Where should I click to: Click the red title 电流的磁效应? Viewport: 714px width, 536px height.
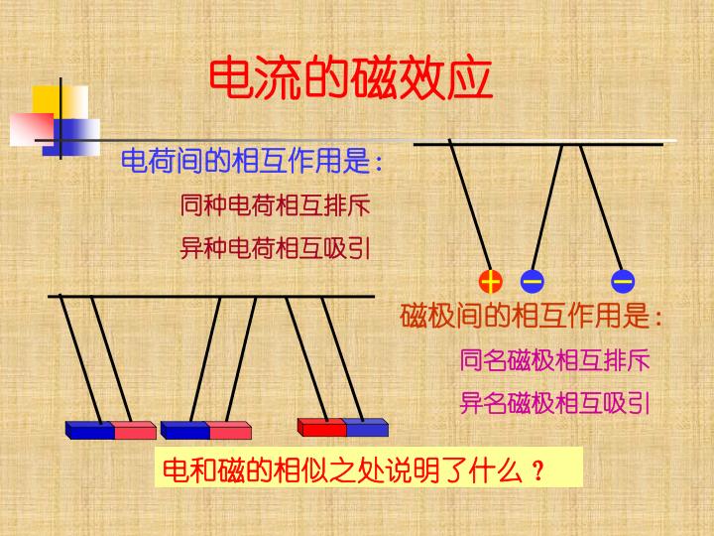[351, 78]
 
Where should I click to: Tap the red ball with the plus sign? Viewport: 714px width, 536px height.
[491, 281]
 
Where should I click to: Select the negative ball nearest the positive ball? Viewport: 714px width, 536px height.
[532, 281]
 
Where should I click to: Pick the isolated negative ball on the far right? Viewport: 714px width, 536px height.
[623, 281]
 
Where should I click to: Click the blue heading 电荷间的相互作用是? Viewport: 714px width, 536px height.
[251, 161]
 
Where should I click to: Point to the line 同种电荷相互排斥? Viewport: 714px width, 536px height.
[275, 205]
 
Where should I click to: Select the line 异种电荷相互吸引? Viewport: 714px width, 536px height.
[275, 248]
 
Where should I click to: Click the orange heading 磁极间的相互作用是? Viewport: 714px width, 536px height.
[531, 316]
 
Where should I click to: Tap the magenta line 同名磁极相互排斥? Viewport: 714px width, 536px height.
[554, 360]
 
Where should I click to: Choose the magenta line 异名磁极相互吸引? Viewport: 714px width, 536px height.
[554, 403]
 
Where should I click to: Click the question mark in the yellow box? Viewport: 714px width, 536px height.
[537, 471]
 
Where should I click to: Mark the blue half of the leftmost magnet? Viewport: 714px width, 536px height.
[90, 430]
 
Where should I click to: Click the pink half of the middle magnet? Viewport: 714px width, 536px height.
[230, 430]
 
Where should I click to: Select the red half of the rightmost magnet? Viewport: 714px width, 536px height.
[322, 428]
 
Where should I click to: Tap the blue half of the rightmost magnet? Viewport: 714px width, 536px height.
[367, 428]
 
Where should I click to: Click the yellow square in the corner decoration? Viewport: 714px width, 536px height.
[60, 102]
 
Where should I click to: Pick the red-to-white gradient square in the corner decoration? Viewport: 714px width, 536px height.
[32, 129]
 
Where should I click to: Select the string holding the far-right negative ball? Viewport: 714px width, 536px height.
[601, 207]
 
